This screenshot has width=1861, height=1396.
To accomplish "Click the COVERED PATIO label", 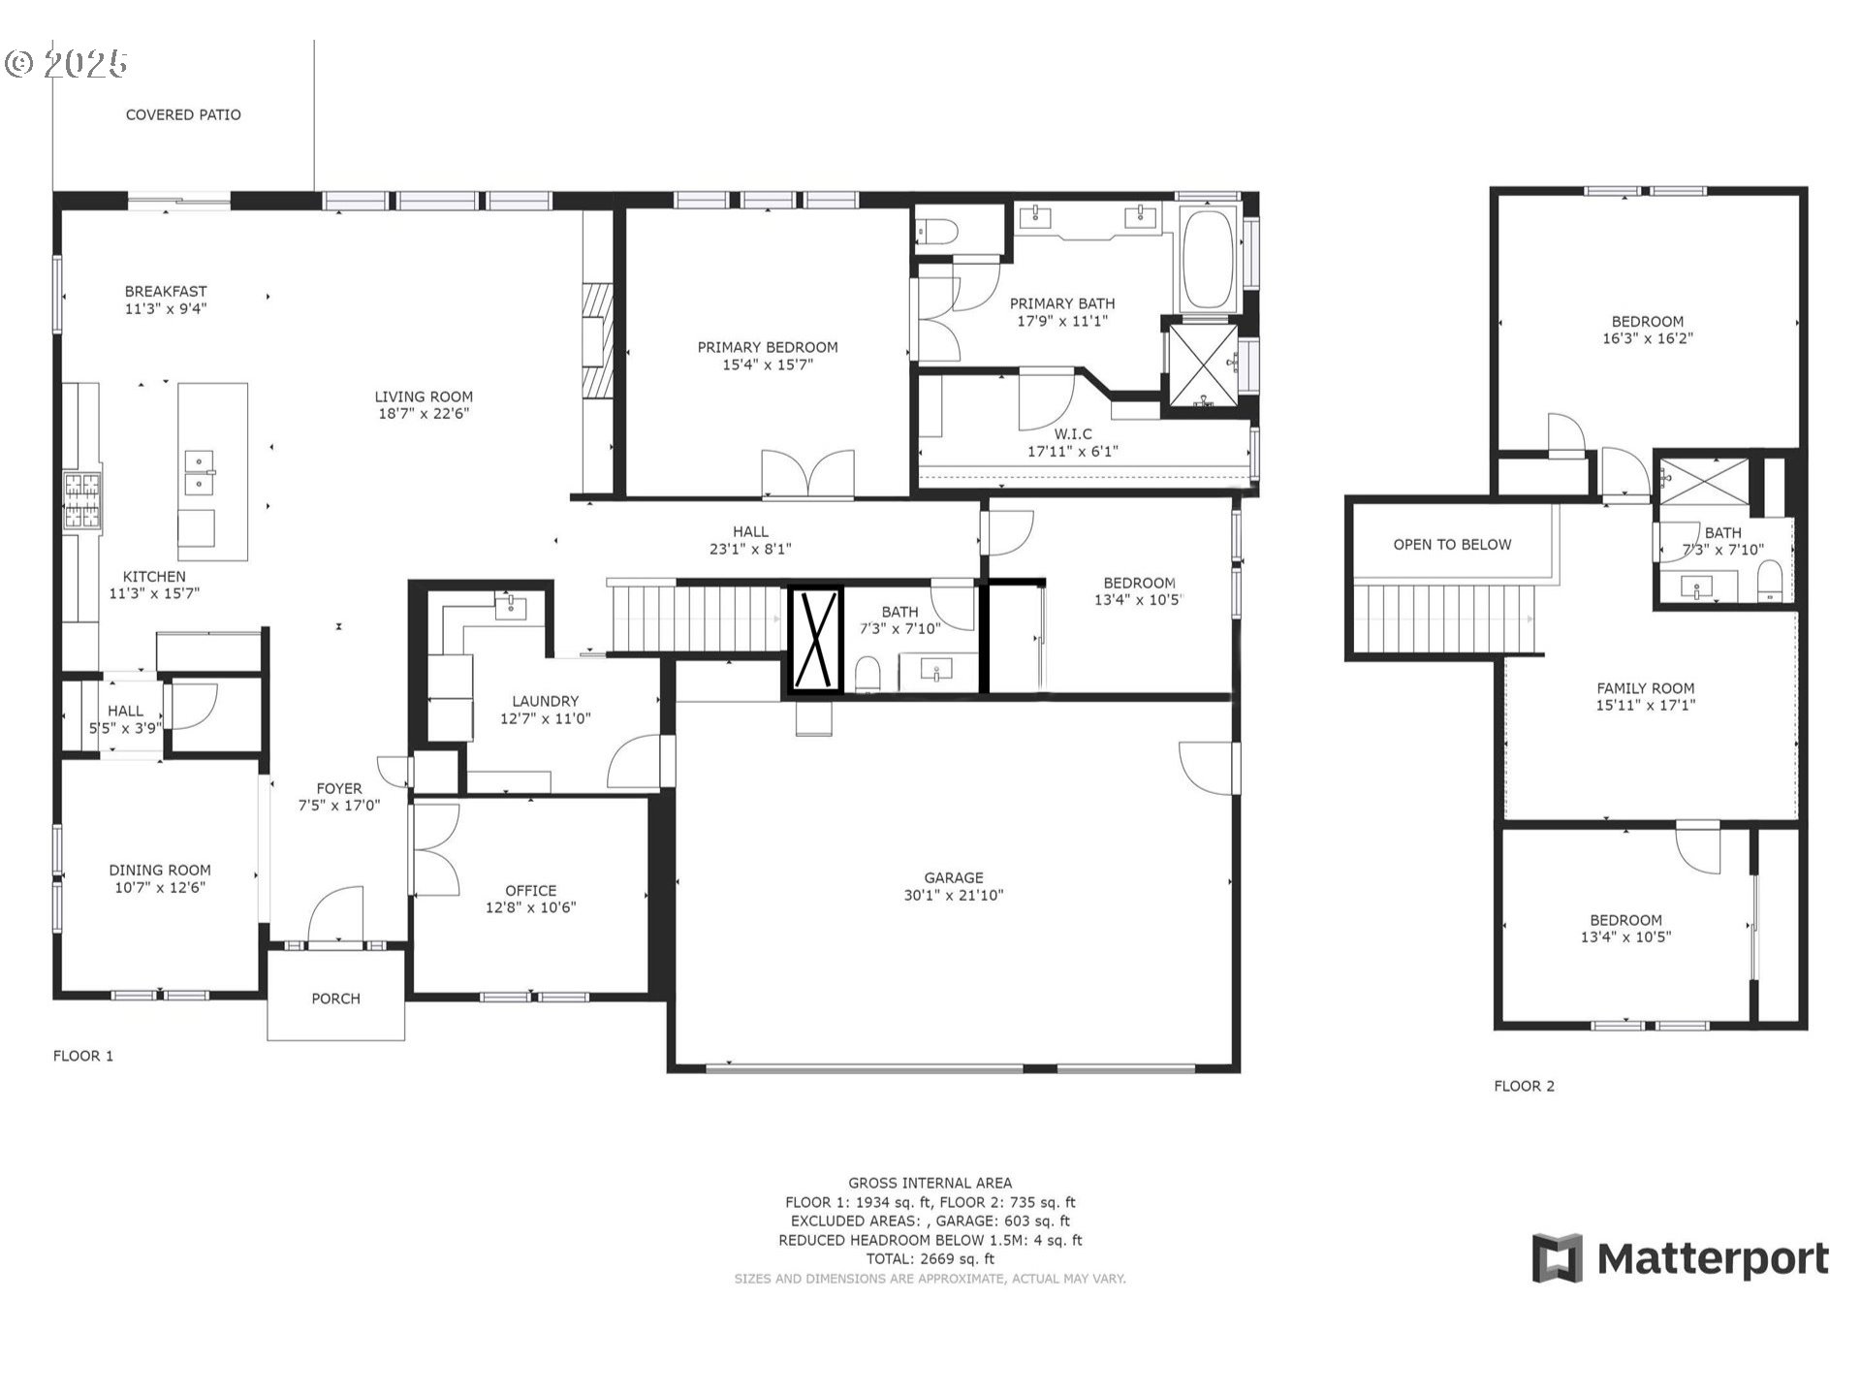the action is (183, 114).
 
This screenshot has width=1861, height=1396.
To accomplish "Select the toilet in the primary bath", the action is (936, 232).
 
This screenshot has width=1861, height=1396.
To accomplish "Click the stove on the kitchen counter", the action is (82, 500).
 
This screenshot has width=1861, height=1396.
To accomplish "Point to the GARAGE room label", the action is (954, 877).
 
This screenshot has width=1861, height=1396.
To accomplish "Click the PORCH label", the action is (335, 999).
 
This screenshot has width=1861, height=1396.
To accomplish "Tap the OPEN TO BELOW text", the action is (1452, 545).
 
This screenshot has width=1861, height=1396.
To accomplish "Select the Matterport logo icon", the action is (1557, 1258).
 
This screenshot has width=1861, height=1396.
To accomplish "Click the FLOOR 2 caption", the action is (1524, 1086).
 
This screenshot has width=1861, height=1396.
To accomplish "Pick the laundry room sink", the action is (510, 607).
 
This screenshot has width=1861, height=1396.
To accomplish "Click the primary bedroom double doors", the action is (808, 473).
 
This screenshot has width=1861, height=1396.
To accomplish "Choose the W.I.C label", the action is (1073, 433).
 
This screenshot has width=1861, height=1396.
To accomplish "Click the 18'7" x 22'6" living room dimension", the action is (424, 414).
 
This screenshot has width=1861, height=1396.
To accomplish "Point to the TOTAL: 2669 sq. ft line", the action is (930, 1259).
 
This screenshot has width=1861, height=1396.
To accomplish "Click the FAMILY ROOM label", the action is (1646, 688).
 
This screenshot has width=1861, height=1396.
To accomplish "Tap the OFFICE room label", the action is (531, 891).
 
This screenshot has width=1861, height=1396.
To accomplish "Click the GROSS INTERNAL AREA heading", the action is (930, 1183).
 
